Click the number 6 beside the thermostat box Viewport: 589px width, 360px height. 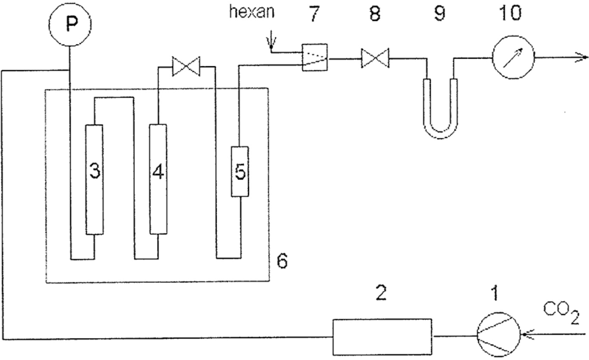coord(282,259)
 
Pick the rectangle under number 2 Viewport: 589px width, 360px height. coord(383,336)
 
